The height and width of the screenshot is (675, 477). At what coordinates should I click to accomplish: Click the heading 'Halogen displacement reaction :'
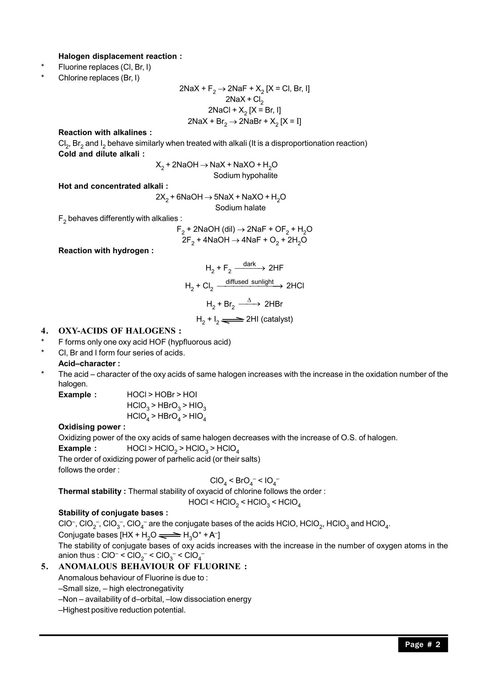tap(120, 56)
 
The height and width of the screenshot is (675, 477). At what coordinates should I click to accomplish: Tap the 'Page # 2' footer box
tap(423, 645)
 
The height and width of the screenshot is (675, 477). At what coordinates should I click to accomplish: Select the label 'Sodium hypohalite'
tap(245, 175)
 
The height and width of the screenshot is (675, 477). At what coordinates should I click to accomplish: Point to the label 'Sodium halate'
tap(240, 208)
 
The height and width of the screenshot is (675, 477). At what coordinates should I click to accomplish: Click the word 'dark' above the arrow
tap(249, 264)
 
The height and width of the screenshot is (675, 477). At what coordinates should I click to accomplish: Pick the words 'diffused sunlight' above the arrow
tap(249, 282)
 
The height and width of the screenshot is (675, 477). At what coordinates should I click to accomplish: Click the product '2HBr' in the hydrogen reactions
tap(274, 304)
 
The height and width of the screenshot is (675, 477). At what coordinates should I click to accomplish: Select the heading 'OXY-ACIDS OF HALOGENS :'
tap(120, 331)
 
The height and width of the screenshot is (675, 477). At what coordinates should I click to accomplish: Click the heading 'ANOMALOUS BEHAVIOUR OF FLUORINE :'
tap(152, 566)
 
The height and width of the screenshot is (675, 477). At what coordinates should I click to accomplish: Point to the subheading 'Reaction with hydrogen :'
tap(106, 251)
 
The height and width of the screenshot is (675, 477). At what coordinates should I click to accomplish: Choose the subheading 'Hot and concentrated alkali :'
tap(113, 186)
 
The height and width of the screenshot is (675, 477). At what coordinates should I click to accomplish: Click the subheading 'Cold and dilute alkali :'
tap(102, 154)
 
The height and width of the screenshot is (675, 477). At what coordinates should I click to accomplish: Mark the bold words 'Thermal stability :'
tap(92, 491)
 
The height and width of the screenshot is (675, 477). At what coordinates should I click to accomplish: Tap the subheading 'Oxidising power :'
tap(92, 427)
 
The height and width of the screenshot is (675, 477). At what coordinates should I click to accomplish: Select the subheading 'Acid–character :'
tap(89, 364)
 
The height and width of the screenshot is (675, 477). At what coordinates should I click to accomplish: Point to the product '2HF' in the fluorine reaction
tap(276, 268)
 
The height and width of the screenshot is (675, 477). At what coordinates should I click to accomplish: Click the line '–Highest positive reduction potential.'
tap(122, 610)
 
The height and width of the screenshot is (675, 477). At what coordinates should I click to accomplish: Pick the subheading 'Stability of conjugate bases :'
tap(113, 513)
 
